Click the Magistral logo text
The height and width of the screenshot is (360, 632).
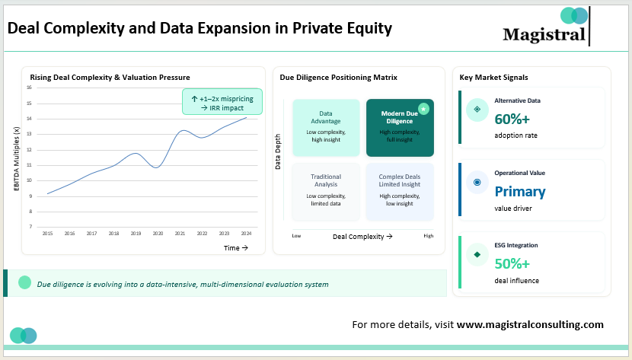click(544, 34)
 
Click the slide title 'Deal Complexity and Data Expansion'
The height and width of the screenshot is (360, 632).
click(199, 29)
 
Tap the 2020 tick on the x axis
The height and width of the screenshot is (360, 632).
click(158, 234)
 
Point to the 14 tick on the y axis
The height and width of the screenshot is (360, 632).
click(28, 119)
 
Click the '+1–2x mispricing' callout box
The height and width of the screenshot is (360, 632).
click(222, 102)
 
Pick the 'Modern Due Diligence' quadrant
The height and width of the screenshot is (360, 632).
click(400, 127)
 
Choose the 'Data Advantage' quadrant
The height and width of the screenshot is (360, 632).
click(326, 127)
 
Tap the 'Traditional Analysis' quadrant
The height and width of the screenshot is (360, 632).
click(326, 191)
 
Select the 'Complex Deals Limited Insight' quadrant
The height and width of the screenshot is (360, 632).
click(400, 191)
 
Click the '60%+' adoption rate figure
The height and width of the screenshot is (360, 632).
click(512, 119)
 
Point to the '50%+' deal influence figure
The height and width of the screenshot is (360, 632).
click(512, 264)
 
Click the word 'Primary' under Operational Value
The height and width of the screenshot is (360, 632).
click(520, 191)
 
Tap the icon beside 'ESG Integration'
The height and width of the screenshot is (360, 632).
click(477, 254)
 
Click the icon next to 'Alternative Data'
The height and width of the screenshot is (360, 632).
click(477, 110)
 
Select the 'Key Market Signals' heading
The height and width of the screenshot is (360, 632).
click(493, 78)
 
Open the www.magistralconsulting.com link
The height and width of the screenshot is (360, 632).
click(530, 324)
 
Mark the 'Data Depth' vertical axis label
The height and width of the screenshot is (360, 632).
click(278, 152)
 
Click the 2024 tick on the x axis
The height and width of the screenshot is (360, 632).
click(246, 234)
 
